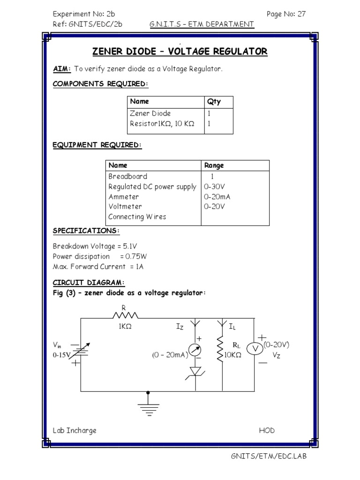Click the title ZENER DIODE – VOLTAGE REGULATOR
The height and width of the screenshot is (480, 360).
[180, 51]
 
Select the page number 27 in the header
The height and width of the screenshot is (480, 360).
[301, 14]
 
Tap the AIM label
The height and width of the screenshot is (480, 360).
[62, 68]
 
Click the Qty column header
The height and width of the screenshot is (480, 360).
[214, 102]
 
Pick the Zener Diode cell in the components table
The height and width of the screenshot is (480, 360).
[150, 113]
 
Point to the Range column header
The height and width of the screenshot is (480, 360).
[214, 165]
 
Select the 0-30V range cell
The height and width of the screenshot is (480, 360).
[214, 187]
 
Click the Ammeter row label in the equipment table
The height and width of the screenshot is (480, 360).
[124, 196]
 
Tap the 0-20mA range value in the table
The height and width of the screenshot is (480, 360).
[217, 196]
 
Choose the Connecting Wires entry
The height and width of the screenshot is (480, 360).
[137, 217]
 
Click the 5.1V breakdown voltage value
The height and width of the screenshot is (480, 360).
[130, 246]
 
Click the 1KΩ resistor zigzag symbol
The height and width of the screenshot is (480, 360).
[126, 315]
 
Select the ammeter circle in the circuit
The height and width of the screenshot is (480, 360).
[195, 350]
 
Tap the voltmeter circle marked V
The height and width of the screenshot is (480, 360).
[255, 348]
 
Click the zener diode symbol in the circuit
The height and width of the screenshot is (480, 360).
[195, 372]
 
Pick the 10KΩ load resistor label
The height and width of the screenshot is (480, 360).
[232, 355]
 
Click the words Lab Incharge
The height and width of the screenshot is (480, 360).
[75, 430]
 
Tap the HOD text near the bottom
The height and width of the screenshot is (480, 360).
[267, 430]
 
